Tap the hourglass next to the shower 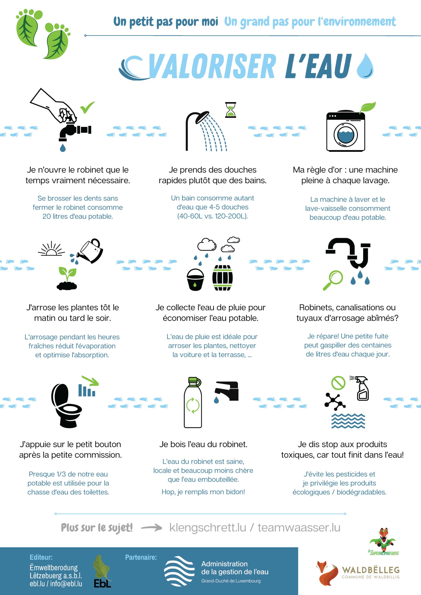tap(231, 110)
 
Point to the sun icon tap(51, 249)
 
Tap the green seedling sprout tap(67, 274)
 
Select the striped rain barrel tap(223, 278)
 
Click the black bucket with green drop tap(195, 280)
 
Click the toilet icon tap(66, 406)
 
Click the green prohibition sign tap(338, 383)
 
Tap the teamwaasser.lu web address tap(299, 528)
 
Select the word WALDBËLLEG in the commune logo tap(371, 570)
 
